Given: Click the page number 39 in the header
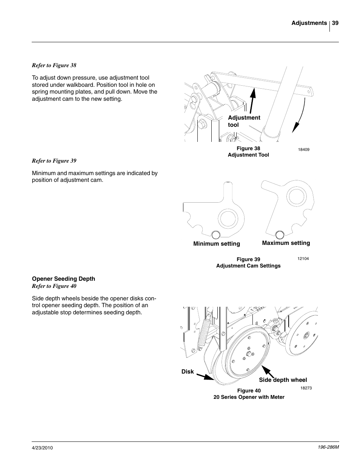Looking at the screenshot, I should click(x=335, y=23).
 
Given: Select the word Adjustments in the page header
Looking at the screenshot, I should click(x=309, y=23).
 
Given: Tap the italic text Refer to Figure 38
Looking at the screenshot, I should click(x=54, y=65).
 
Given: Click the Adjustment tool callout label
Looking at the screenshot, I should click(x=244, y=121).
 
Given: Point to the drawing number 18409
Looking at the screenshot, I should click(x=304, y=149).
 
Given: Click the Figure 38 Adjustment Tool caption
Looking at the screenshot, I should click(x=248, y=152).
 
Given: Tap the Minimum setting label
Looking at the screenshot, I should click(x=217, y=244).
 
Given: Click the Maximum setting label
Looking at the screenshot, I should click(x=286, y=243).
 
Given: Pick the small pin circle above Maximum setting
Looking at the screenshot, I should click(x=280, y=235).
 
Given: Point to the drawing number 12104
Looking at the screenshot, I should click(x=303, y=259).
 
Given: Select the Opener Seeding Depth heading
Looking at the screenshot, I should click(x=63, y=279).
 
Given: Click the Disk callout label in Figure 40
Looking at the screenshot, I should click(x=188, y=372).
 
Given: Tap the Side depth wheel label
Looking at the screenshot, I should click(x=283, y=380).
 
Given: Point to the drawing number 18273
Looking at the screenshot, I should click(x=306, y=388).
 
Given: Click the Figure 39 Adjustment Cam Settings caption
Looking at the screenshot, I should click(x=248, y=263).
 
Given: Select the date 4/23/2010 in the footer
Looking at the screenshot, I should click(x=42, y=448).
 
